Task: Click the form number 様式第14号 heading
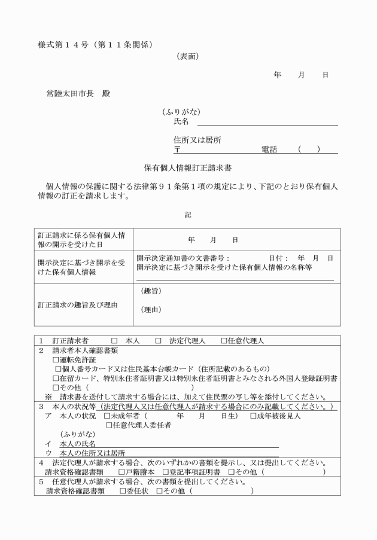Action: [96, 44]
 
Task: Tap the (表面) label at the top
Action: [188, 57]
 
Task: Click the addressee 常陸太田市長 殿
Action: [78, 94]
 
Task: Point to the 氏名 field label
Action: [181, 121]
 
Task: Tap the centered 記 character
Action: [188, 214]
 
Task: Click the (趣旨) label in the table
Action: [152, 291]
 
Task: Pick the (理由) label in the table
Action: [152, 310]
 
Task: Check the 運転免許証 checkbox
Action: [56, 360]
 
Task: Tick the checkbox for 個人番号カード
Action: [58, 369]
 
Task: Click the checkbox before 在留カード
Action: [56, 379]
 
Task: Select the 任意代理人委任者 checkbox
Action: [109, 425]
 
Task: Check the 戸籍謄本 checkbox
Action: [121, 472]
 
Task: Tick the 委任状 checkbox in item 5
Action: [123, 491]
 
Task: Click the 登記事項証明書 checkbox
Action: [165, 472]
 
